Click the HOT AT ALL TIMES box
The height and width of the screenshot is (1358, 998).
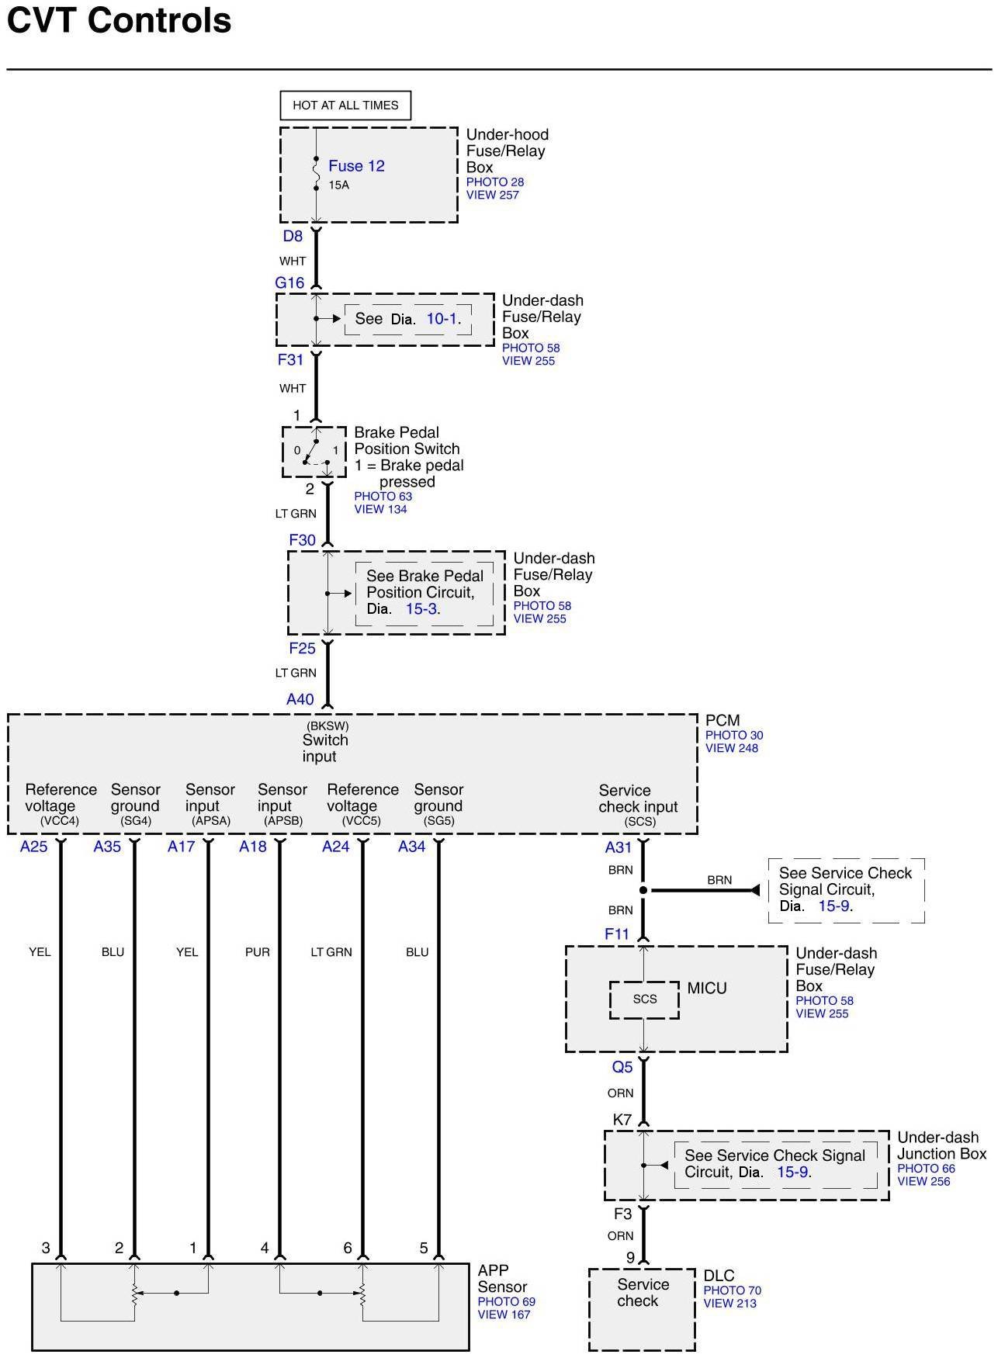click(x=345, y=106)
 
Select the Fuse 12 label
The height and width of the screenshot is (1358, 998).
click(x=356, y=166)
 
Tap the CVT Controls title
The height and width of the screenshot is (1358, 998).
click(x=119, y=20)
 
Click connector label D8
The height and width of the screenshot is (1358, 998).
click(x=293, y=236)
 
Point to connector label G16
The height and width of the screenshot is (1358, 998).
click(x=289, y=283)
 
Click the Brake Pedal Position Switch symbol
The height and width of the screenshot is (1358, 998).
click(x=314, y=452)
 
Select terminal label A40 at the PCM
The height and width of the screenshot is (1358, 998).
click(x=300, y=699)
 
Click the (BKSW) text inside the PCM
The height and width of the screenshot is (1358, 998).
click(x=327, y=726)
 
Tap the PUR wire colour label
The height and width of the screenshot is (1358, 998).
click(x=258, y=952)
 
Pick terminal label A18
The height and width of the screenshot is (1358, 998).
click(x=253, y=847)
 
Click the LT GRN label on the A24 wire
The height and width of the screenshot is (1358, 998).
click(x=331, y=952)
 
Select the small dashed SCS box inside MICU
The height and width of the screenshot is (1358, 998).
click(x=644, y=999)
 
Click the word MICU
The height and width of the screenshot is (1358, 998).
click(x=707, y=989)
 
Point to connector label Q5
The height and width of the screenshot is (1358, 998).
click(x=622, y=1067)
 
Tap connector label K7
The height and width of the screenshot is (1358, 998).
click(x=622, y=1120)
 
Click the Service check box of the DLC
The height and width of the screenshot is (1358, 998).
click(x=642, y=1309)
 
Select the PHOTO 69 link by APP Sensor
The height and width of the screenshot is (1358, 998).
click(x=506, y=1301)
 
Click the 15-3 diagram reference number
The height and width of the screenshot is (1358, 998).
click(x=421, y=609)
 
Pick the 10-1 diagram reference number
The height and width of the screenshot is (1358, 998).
click(x=442, y=319)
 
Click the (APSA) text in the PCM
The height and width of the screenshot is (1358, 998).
click(x=212, y=821)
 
